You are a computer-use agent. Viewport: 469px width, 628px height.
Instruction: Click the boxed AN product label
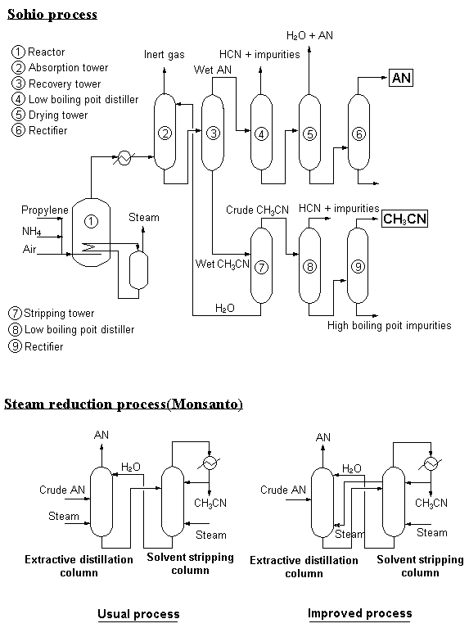click(x=400, y=78)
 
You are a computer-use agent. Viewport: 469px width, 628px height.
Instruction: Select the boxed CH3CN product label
click(x=404, y=219)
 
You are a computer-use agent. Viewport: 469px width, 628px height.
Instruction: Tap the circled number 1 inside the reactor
click(x=91, y=222)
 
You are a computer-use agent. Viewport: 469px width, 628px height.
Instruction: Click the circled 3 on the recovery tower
click(x=213, y=133)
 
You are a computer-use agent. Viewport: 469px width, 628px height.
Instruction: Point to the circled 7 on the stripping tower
click(x=261, y=267)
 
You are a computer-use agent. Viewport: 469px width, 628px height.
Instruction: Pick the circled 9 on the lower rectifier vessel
click(x=358, y=266)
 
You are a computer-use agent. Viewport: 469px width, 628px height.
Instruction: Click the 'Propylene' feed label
click(x=45, y=210)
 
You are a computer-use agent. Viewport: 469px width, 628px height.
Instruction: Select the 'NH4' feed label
click(x=32, y=231)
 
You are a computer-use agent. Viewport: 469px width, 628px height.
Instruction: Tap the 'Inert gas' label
click(x=165, y=55)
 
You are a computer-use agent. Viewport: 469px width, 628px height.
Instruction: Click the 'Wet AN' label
click(x=213, y=70)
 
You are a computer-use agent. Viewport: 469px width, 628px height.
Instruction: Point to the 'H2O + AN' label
click(x=309, y=36)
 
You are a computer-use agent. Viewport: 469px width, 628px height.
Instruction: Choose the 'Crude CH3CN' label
click(x=257, y=210)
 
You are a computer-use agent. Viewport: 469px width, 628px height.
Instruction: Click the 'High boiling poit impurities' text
click(x=390, y=325)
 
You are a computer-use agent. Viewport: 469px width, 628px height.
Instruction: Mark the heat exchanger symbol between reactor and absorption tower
click(x=124, y=157)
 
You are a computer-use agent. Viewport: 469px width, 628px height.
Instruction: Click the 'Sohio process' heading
click(x=52, y=15)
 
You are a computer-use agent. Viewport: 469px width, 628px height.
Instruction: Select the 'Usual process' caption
click(x=138, y=614)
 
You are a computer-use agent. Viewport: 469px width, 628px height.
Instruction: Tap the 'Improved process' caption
click(x=359, y=613)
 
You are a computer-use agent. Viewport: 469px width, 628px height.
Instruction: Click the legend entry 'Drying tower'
click(x=50, y=115)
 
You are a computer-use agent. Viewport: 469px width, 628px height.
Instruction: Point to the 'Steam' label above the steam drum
click(x=144, y=218)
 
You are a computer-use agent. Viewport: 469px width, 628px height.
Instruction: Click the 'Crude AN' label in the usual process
click(x=62, y=490)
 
